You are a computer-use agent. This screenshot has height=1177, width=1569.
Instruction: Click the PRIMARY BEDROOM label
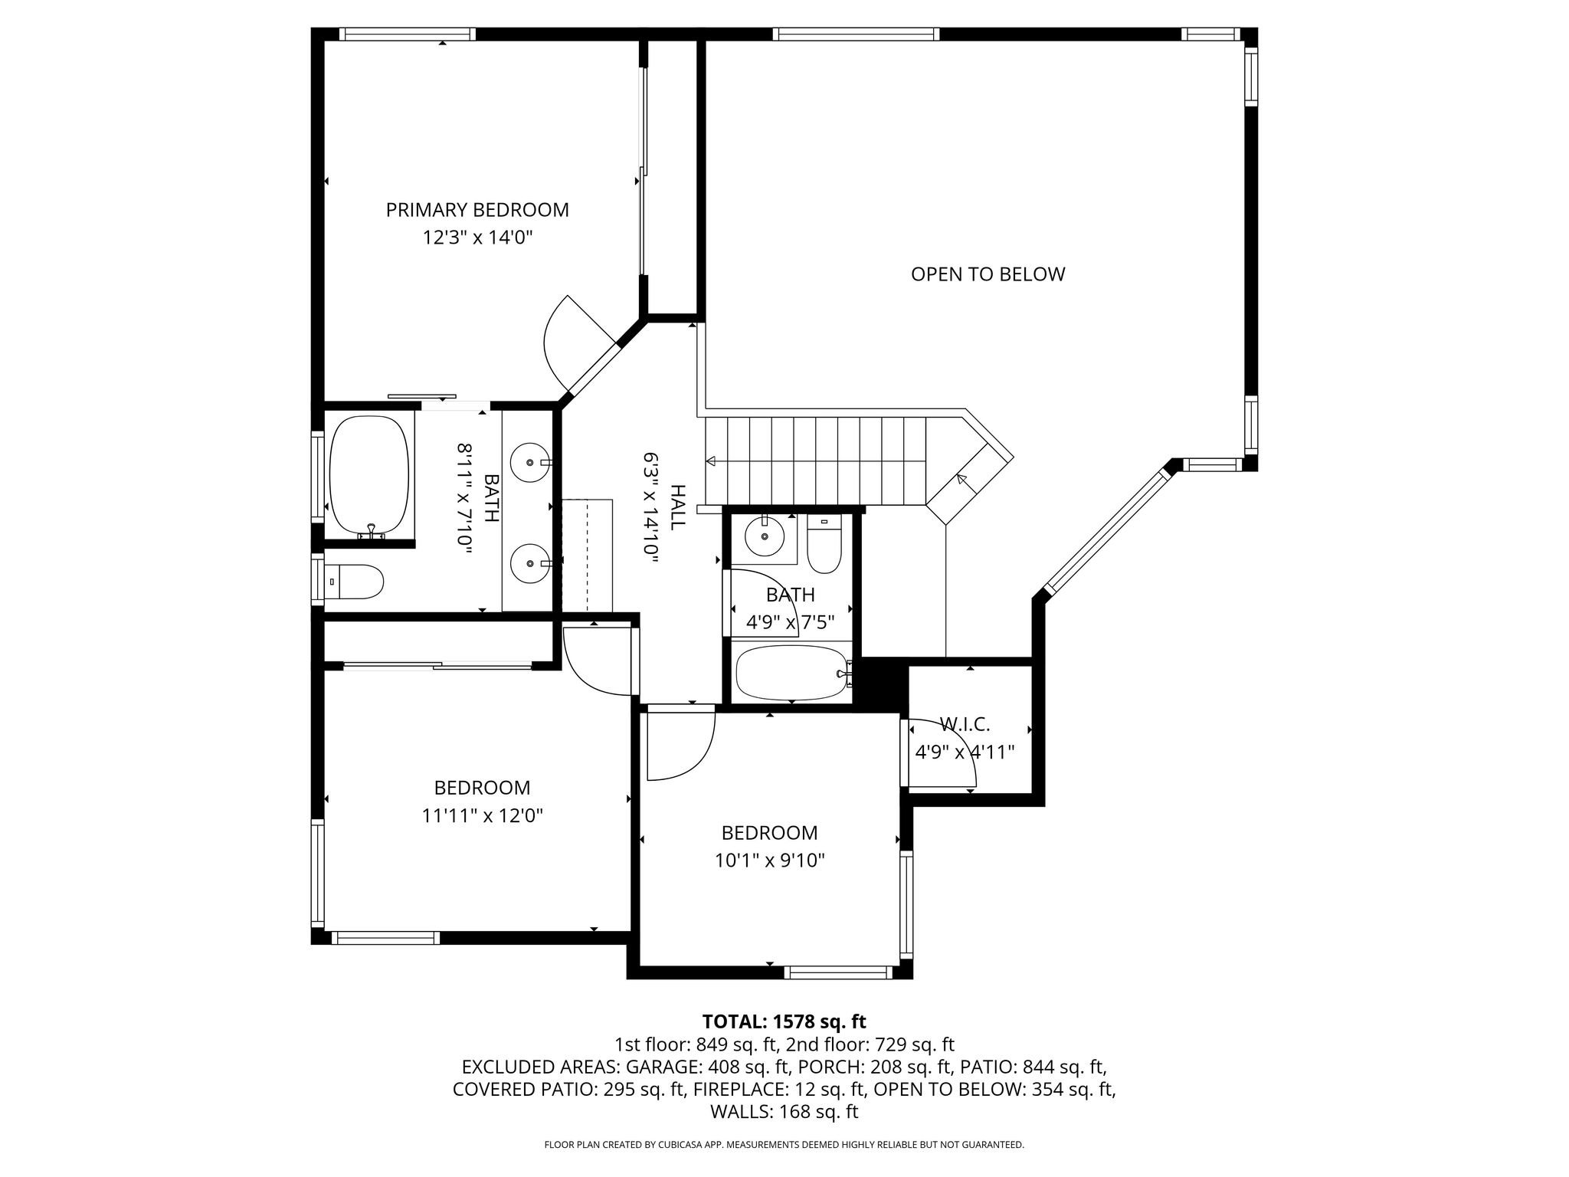click(x=477, y=210)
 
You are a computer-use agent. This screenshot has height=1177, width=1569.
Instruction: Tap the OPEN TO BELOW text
click(x=988, y=274)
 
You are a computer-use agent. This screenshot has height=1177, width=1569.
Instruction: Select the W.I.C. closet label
click(x=965, y=724)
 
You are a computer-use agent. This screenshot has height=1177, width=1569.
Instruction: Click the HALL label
click(x=677, y=507)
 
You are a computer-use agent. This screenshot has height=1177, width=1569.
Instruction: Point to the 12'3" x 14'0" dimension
click(x=477, y=238)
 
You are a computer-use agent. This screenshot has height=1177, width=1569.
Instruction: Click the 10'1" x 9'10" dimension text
click(x=769, y=861)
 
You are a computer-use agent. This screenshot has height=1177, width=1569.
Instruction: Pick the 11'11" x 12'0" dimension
click(x=482, y=815)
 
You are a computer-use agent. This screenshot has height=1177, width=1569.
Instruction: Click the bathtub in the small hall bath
click(x=792, y=672)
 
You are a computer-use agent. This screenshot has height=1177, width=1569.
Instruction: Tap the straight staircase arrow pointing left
click(x=815, y=461)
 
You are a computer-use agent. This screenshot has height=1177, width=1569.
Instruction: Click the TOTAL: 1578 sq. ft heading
click(x=784, y=1021)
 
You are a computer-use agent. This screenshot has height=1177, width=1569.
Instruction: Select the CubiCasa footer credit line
click(x=784, y=1145)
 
